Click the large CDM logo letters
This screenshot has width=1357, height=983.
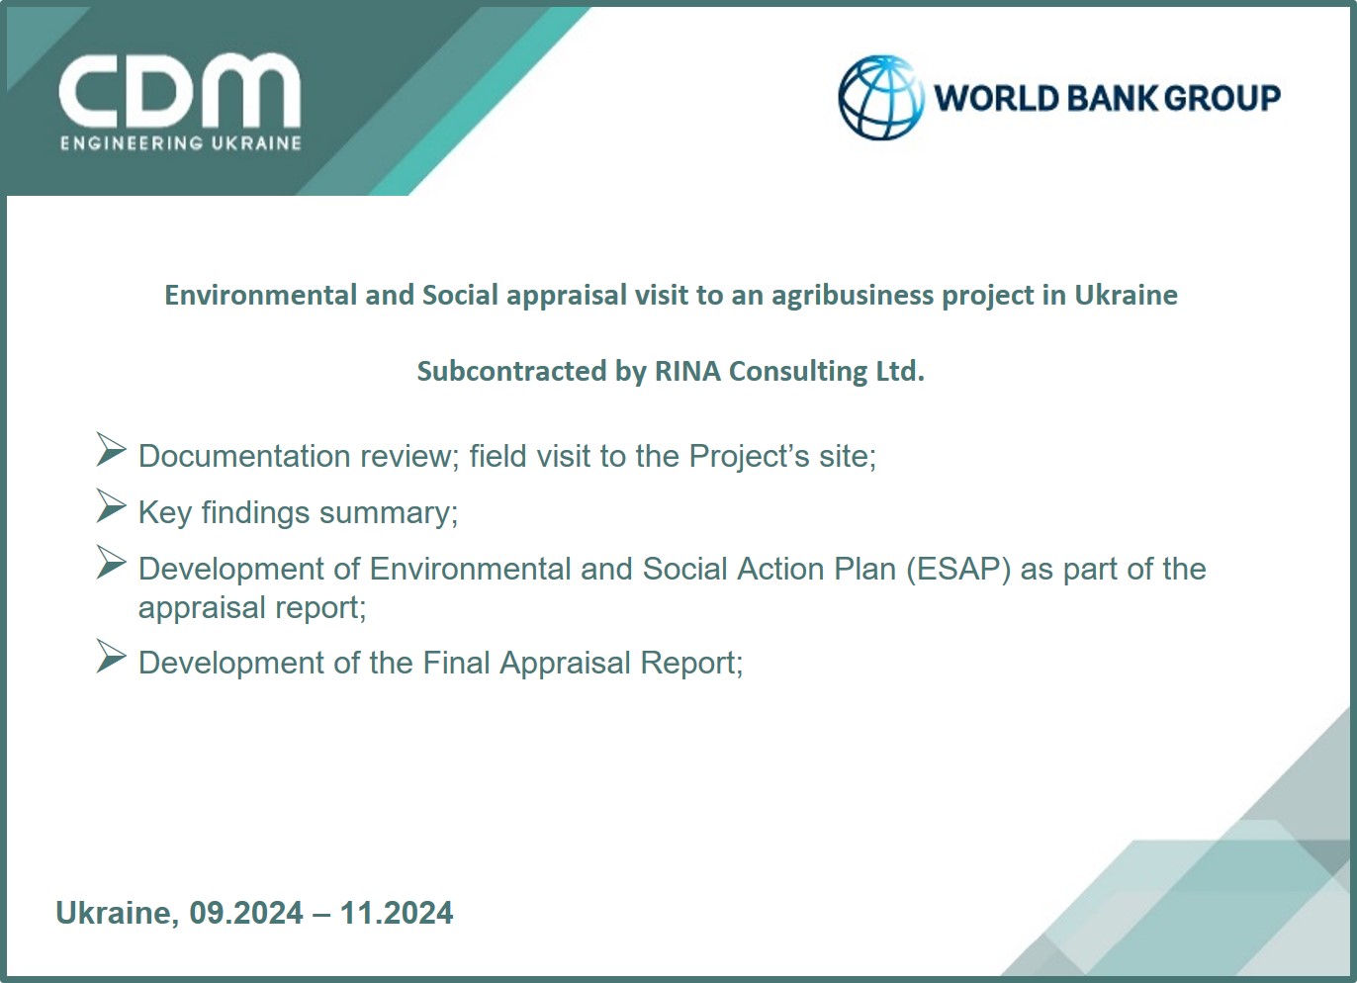pos(179,91)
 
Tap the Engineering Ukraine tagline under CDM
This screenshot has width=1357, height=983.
pos(181,143)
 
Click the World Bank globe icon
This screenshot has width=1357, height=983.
pos(881,98)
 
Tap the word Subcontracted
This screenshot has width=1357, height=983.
pos(512,371)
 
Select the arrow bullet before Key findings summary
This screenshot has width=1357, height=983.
pos(111,505)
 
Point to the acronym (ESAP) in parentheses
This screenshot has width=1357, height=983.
pos(958,570)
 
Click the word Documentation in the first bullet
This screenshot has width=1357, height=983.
pos(244,456)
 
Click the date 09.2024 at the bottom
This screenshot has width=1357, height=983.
pos(246,913)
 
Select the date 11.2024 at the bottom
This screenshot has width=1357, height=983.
pos(397,913)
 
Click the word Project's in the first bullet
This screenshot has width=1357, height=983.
pos(750,456)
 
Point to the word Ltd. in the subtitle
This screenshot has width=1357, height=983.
pos(900,371)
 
